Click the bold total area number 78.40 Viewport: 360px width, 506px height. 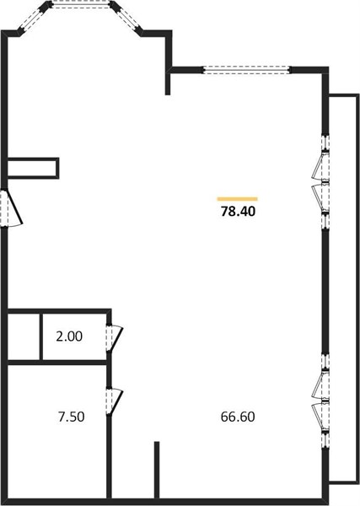tap(238, 212)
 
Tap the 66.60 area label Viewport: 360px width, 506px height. tap(238, 417)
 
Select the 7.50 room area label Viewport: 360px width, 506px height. tap(72, 417)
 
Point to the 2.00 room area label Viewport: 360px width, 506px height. tap(69, 336)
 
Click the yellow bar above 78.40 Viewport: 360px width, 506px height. tap(238, 199)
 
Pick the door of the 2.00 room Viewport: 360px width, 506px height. tap(114, 338)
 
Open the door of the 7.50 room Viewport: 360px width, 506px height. tap(114, 401)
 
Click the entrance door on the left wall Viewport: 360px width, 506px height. tap(12, 209)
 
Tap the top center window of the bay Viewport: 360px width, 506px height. tap(81, 4)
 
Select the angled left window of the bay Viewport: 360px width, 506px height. tap(32, 19)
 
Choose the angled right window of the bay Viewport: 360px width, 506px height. tap(127, 19)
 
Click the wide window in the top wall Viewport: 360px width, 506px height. tap(247, 70)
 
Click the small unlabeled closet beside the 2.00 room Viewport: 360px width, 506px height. tap(24, 336)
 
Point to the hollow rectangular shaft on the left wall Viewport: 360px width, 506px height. tap(33, 168)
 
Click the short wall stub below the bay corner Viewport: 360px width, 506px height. tap(168, 83)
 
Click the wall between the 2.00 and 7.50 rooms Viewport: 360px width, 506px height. tap(56, 363)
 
